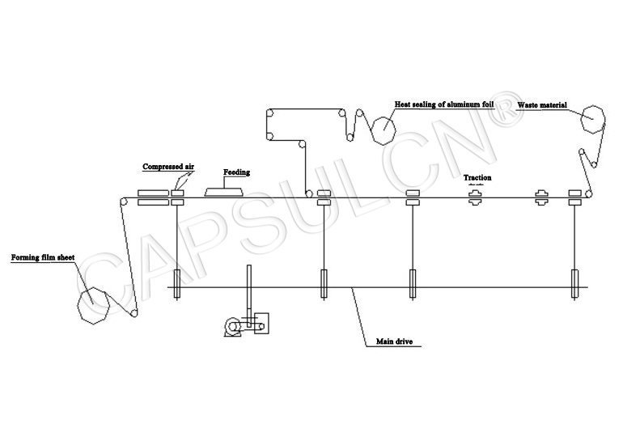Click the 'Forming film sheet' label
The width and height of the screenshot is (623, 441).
pos(42,259)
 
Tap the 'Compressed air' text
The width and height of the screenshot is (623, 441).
pos(168,167)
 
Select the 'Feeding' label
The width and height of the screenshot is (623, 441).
pos(237,172)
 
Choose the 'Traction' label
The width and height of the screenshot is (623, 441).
pos(477,177)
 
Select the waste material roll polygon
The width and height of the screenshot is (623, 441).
pos(593,120)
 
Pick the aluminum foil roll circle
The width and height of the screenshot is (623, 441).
pos(383,128)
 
